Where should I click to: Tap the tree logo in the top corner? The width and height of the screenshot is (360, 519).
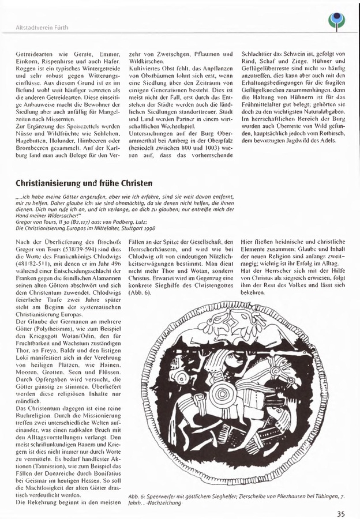tap(335, 22)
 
